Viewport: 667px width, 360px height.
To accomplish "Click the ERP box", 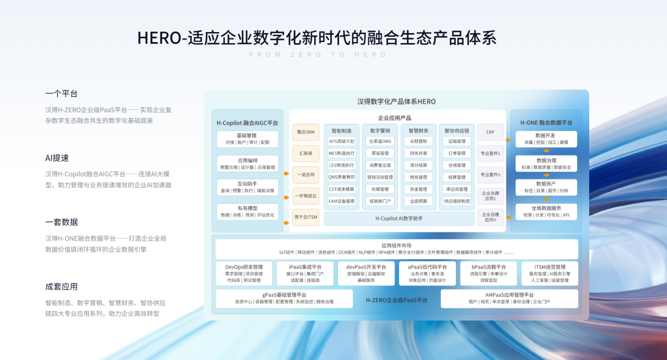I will tap(490, 132).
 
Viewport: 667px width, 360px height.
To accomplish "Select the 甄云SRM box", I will tap(305, 132).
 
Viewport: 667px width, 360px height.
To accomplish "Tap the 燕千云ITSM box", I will tap(305, 217).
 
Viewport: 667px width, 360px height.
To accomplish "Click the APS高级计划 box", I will tap(342, 141).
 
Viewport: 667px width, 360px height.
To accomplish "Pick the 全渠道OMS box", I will tap(380, 141).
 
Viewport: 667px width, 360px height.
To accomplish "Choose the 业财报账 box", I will tap(418, 141).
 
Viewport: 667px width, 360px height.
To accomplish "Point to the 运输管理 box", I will tap(457, 141).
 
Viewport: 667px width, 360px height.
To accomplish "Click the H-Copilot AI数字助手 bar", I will tap(399, 218).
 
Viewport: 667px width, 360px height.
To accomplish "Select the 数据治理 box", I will tap(546, 163).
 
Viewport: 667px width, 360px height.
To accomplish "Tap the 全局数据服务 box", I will tap(546, 211).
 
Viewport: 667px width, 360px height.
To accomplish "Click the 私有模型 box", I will tap(247, 211).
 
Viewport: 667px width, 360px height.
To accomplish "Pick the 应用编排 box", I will tap(247, 163).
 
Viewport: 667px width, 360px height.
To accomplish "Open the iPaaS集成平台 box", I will tap(305, 273).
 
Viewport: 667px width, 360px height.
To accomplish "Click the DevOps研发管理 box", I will tap(244, 273).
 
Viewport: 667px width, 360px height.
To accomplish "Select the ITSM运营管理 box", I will tap(549, 273).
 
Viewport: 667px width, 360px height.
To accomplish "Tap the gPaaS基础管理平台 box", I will tap(284, 299).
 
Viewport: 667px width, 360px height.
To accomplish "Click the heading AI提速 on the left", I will tap(57, 158).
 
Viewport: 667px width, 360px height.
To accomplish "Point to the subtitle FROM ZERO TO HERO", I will tap(317, 55).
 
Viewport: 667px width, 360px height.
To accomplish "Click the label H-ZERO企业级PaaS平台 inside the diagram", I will tap(396, 300).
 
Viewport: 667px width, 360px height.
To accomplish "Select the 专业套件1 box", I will tap(490, 153).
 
